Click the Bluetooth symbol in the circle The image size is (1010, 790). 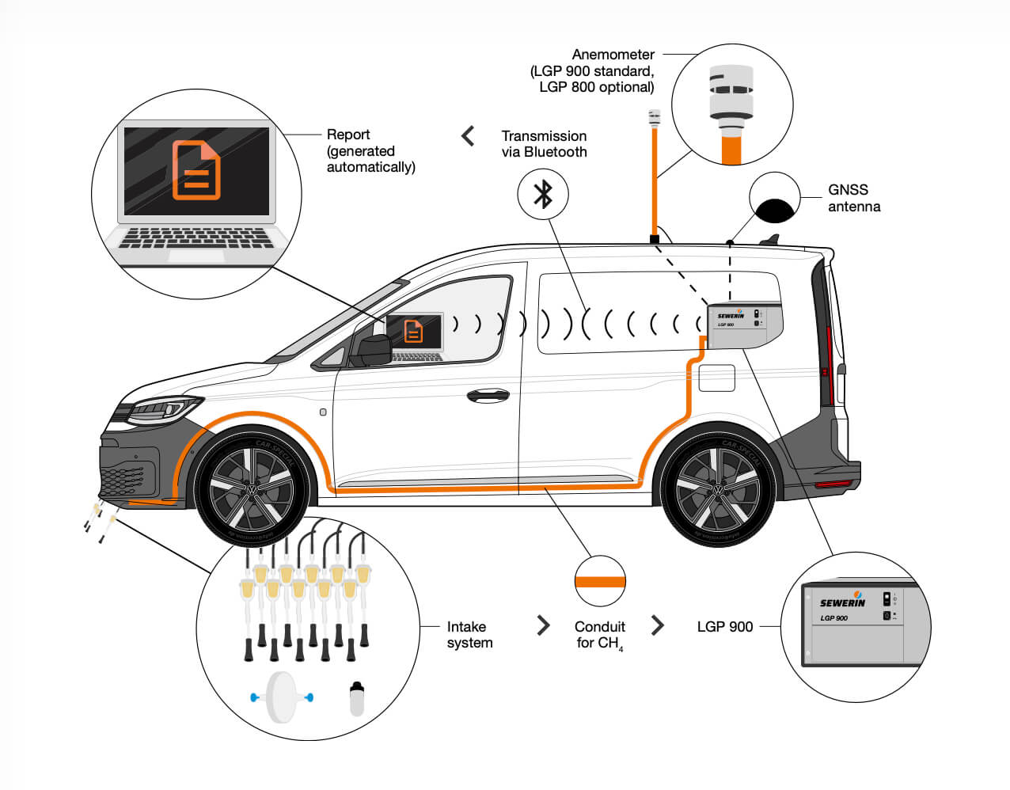pyautogui.click(x=543, y=194)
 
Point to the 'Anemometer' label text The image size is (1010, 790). pyautogui.click(x=613, y=55)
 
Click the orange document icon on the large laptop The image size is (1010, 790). pyautogui.click(x=196, y=169)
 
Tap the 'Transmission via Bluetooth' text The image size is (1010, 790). pyautogui.click(x=544, y=144)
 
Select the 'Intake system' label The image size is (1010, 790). pyautogui.click(x=469, y=635)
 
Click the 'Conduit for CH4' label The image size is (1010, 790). pyautogui.click(x=599, y=635)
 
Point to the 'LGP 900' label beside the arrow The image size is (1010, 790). pyautogui.click(x=724, y=627)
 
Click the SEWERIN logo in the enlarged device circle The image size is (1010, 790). pyautogui.click(x=842, y=602)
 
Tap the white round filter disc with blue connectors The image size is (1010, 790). pyautogui.click(x=281, y=697)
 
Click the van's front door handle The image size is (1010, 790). pyautogui.click(x=488, y=394)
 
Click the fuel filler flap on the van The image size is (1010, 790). pyautogui.click(x=716, y=378)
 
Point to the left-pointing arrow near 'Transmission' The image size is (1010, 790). pyautogui.click(x=469, y=136)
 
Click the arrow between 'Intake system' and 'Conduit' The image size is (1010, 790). pyautogui.click(x=543, y=626)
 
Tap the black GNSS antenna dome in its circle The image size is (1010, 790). pyautogui.click(x=774, y=210)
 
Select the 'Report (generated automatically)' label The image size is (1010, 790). pyautogui.click(x=370, y=150)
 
